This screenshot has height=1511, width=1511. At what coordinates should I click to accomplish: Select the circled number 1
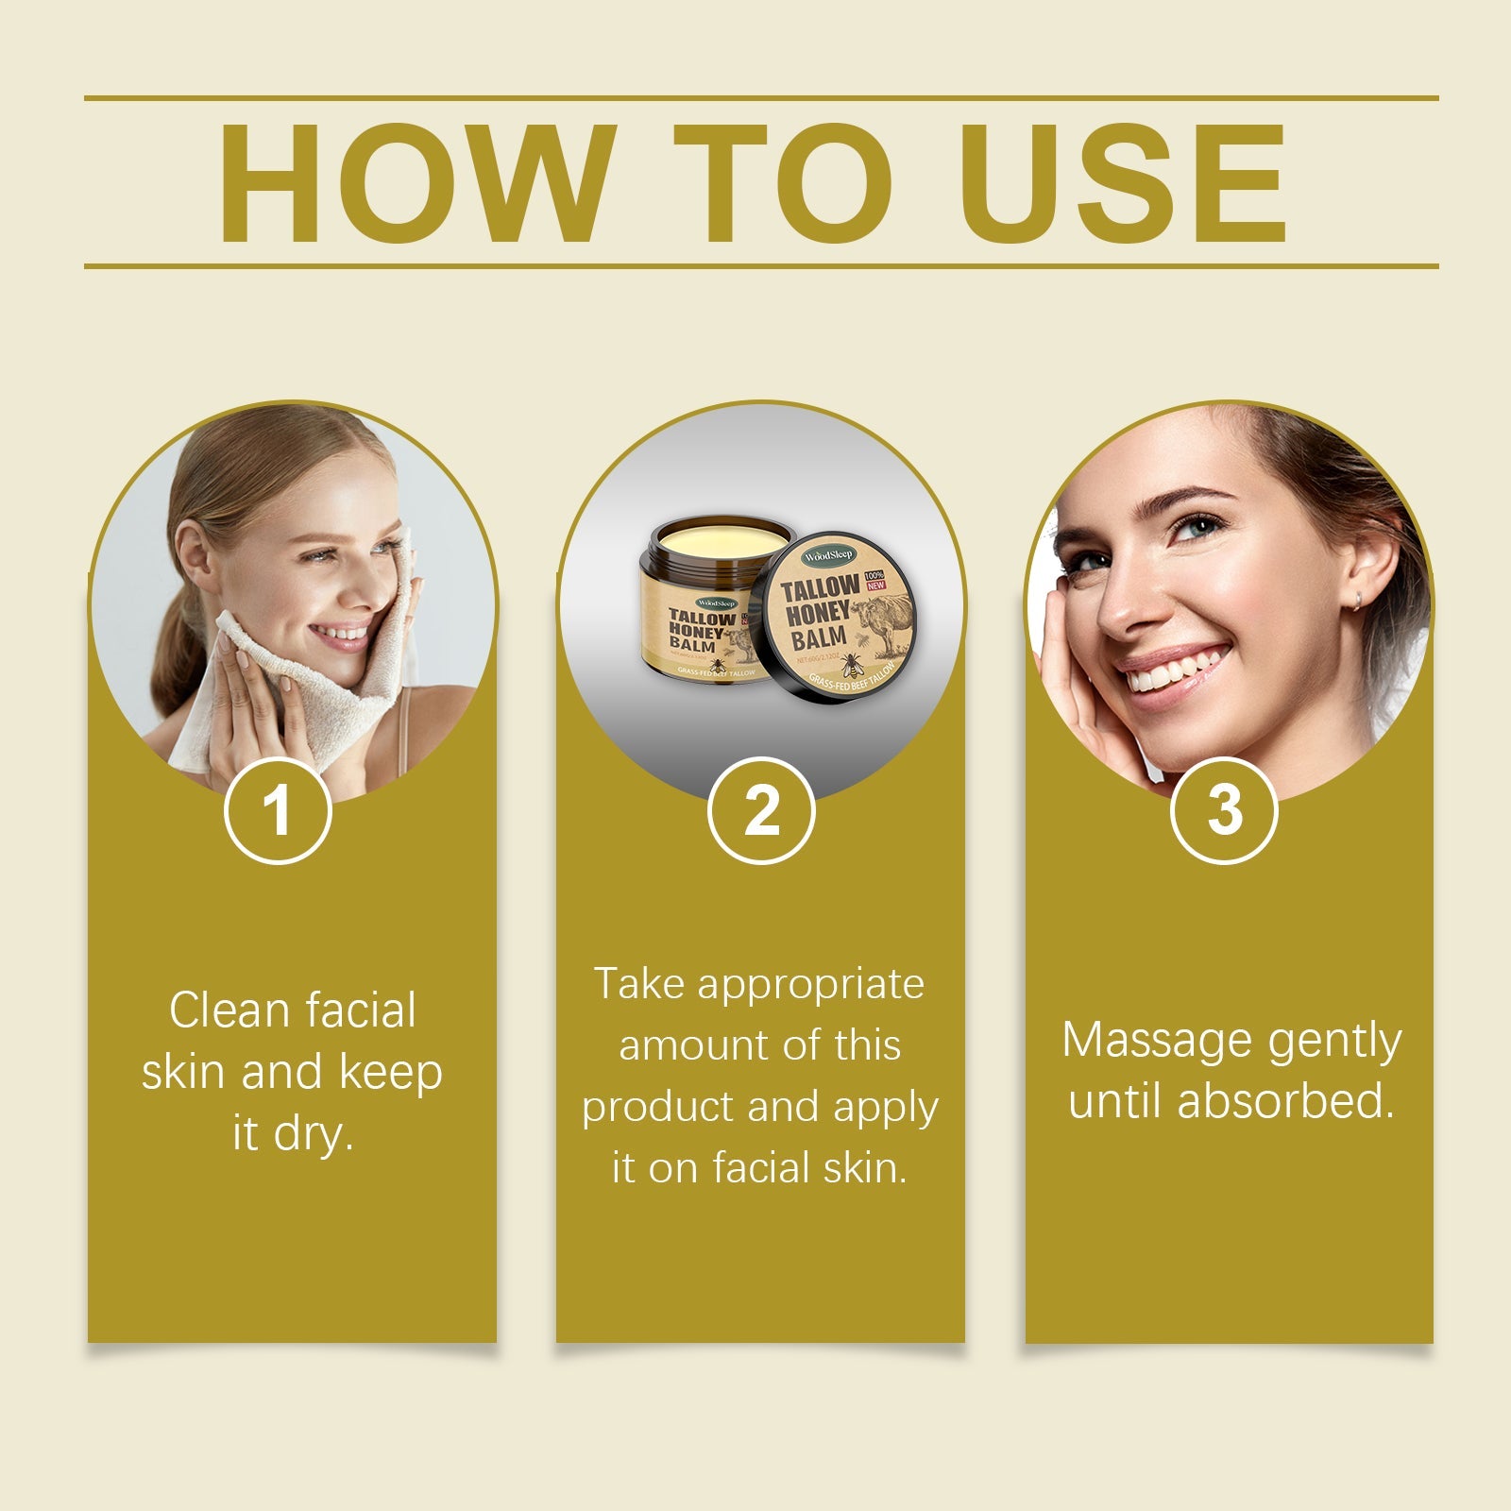pyautogui.click(x=278, y=810)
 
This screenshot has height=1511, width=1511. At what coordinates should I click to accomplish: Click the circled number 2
pyautogui.click(x=761, y=810)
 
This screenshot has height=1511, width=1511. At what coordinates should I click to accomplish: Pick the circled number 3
pyautogui.click(x=1224, y=810)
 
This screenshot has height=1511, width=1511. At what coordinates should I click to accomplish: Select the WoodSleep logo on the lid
pyautogui.click(x=828, y=556)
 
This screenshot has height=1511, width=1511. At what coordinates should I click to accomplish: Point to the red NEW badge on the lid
pyautogui.click(x=875, y=586)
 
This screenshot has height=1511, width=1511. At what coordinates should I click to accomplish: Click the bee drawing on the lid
pyautogui.click(x=849, y=665)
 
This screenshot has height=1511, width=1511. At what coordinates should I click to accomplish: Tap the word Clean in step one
pyautogui.click(x=228, y=1010)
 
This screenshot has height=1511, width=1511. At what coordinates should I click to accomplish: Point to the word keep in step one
pyautogui.click(x=390, y=1073)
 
